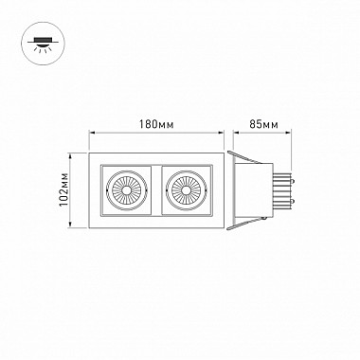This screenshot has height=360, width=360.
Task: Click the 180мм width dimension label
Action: coord(156,124)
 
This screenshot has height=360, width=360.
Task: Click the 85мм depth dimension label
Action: coord(263,124)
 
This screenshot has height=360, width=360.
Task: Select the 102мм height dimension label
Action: coord(64,189)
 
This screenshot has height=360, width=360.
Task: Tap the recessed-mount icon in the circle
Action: coord(43,44)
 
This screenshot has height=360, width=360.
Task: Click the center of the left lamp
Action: coord(126,190)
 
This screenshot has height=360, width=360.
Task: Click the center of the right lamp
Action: coord(186,190)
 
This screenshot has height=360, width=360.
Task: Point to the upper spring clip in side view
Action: coord(244,157)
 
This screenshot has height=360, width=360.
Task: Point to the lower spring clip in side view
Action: coord(244,224)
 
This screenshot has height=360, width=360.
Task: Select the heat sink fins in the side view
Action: coord(281,190)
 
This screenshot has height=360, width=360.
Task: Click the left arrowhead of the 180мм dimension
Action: coord(92,133)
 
